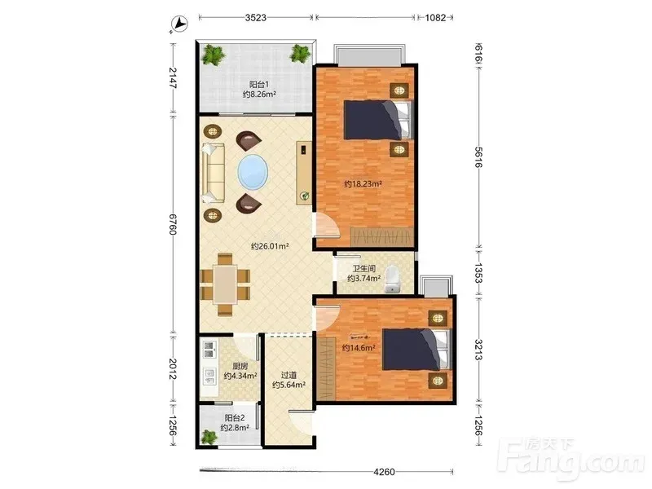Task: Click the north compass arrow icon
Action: coord(179,24)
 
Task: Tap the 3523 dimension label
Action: coord(255,17)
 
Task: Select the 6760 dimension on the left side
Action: coord(173,224)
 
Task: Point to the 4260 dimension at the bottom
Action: coord(384,472)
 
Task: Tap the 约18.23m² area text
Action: coord(363,183)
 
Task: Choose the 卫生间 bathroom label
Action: coord(363,269)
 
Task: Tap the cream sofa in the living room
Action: coord(214,173)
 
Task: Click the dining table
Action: coord(226,284)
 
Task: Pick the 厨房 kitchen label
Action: coord(240,366)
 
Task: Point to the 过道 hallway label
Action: coord(289,375)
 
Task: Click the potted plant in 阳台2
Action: coord(209,437)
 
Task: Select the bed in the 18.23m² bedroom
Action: coord(377,120)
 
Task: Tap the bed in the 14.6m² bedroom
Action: coord(416,350)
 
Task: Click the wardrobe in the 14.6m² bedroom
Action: coord(326,368)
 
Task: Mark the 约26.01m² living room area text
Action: coord(270,246)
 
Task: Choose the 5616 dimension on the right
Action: coord(478,156)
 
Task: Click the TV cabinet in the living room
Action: coord(304,173)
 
